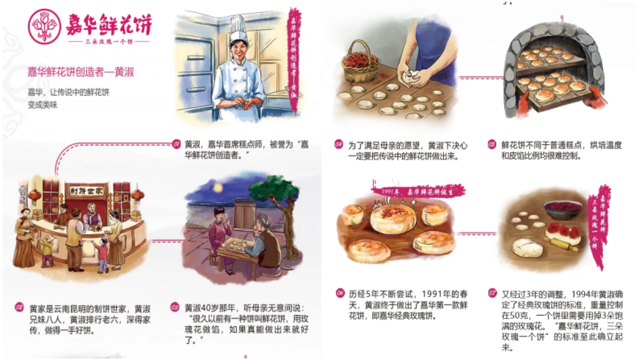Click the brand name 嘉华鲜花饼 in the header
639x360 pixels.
coord(109,24)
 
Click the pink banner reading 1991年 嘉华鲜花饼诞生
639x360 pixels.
coord(418,191)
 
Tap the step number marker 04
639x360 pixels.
coord(339,144)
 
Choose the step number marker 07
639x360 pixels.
coord(493,294)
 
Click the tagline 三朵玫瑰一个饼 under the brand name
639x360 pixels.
coord(109,42)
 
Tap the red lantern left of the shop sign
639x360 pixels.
coord(34,195)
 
